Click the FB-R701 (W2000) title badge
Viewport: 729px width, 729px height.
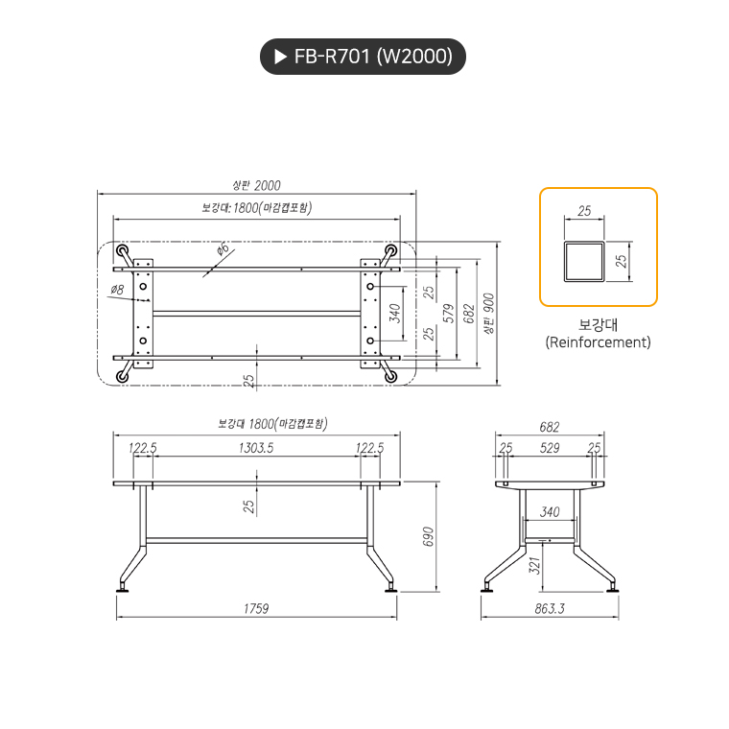coord(363,57)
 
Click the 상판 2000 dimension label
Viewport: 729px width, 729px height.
coord(256,185)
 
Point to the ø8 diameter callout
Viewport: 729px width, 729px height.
coord(117,289)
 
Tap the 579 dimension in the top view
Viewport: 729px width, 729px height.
coord(448,312)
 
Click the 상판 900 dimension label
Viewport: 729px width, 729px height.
coord(488,313)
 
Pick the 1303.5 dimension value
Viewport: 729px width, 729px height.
coord(255,447)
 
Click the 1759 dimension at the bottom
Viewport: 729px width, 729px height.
coord(255,608)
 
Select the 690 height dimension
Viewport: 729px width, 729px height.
coord(428,537)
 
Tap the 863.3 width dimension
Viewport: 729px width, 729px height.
coord(550,608)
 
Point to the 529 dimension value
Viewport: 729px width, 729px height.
coord(551,447)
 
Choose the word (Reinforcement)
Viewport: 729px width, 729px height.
coord(598,341)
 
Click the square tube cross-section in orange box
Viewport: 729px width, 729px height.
coord(584,261)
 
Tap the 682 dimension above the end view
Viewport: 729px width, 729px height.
coord(550,427)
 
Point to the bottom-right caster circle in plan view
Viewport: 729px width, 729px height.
coord(390,376)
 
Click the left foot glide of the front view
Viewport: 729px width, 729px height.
coord(123,587)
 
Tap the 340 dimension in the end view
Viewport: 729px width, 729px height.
coord(550,512)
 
